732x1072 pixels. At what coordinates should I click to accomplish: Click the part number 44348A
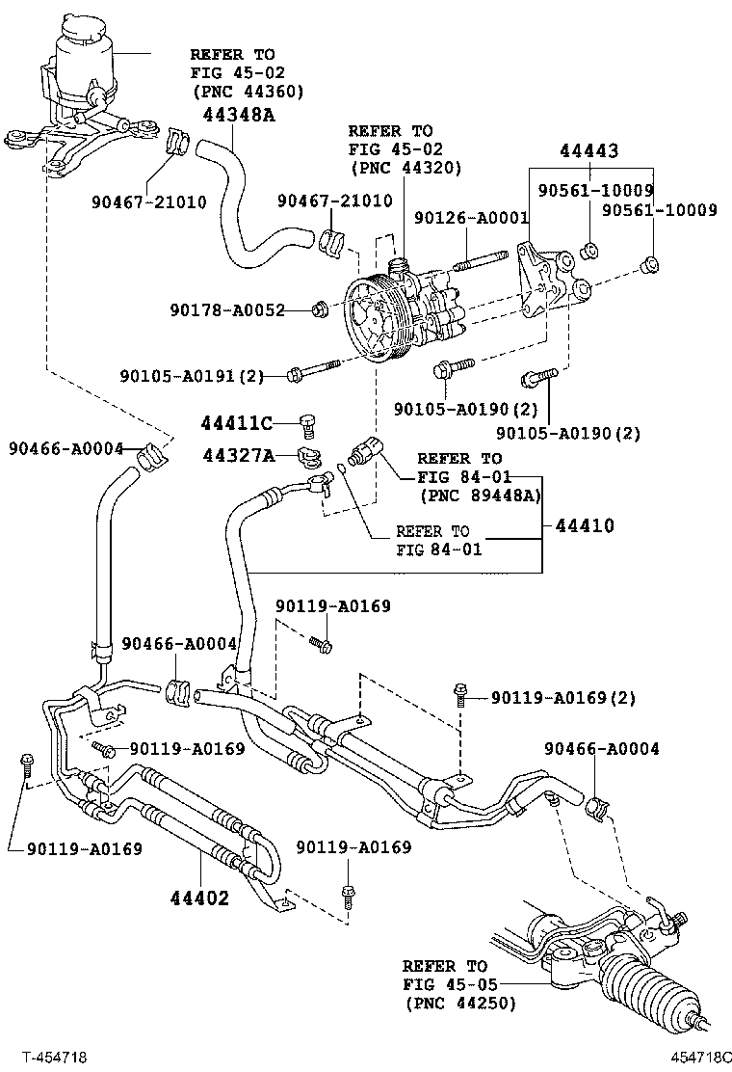(239, 116)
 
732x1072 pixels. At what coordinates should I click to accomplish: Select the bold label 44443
(588, 151)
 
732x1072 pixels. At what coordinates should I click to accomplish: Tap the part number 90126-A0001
(472, 219)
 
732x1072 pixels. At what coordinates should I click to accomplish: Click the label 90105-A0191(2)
(192, 375)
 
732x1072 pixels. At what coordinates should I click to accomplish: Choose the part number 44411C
(237, 422)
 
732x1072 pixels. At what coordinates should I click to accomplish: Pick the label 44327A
(237, 454)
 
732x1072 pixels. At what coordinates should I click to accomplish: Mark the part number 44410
(584, 526)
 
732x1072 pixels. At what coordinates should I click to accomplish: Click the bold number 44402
(199, 898)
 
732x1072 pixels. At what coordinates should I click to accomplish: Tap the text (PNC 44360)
(248, 92)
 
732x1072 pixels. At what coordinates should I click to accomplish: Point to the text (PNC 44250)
(459, 1004)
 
